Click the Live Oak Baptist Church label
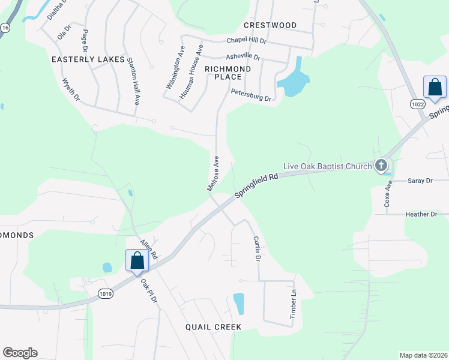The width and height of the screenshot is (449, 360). (x=327, y=166)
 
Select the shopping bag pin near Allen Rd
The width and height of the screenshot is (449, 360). (x=137, y=261)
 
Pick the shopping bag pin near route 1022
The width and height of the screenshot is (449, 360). (x=435, y=88)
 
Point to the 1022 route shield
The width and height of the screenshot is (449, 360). (x=418, y=104)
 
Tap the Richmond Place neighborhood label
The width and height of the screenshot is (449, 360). (x=223, y=73)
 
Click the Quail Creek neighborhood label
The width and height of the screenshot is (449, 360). (x=213, y=327)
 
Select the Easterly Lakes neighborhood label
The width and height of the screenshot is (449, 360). (x=88, y=60)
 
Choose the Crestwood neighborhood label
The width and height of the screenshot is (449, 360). (x=270, y=25)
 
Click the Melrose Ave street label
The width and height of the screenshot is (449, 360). (x=213, y=173)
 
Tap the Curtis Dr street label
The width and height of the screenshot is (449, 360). (x=256, y=248)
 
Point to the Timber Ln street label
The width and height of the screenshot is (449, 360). (x=294, y=304)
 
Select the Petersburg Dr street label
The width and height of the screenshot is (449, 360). (x=251, y=95)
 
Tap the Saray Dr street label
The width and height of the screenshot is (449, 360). (x=420, y=181)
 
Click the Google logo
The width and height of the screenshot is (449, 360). (x=20, y=353)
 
